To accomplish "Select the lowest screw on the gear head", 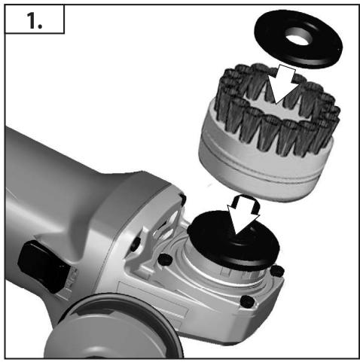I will (246, 303).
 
